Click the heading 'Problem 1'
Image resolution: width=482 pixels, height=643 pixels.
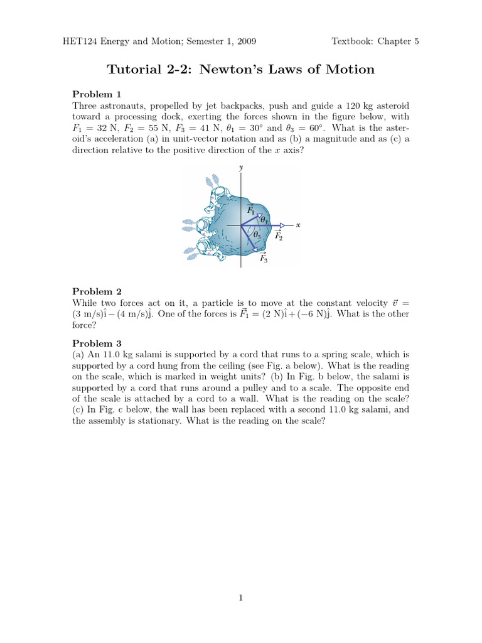click(92, 94)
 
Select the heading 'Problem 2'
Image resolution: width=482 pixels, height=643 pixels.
click(92, 291)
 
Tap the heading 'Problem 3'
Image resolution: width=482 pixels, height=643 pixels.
click(92, 343)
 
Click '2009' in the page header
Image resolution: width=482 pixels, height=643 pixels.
click(245, 42)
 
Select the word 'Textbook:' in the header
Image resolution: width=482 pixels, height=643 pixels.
click(353, 42)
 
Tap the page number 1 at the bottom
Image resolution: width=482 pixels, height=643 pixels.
click(241, 598)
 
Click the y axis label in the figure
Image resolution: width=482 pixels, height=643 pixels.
click(242, 168)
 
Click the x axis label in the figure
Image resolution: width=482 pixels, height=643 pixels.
click(298, 225)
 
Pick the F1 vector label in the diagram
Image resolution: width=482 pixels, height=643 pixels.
click(250, 210)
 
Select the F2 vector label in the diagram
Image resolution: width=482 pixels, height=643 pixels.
click(278, 236)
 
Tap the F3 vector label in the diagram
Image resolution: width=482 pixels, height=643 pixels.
click(264, 258)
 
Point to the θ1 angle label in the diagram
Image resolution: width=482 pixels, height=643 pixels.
click(264, 220)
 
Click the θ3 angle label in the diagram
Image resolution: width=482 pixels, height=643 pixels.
click(257, 235)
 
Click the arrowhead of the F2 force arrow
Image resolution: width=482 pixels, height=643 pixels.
click(282, 225)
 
